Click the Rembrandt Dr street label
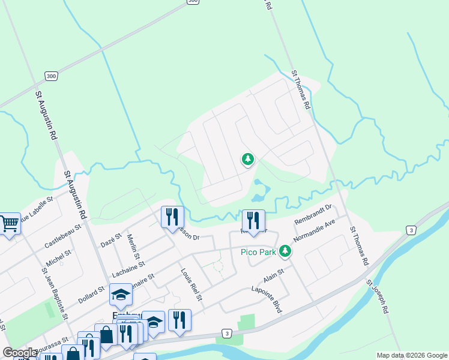313,217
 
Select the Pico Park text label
258,252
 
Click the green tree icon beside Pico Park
286,251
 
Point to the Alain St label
273,277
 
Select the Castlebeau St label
62,238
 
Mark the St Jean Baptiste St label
53,294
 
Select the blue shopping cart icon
8,224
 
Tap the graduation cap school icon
121,294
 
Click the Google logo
20,353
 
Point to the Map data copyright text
411,355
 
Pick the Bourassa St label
37,347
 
